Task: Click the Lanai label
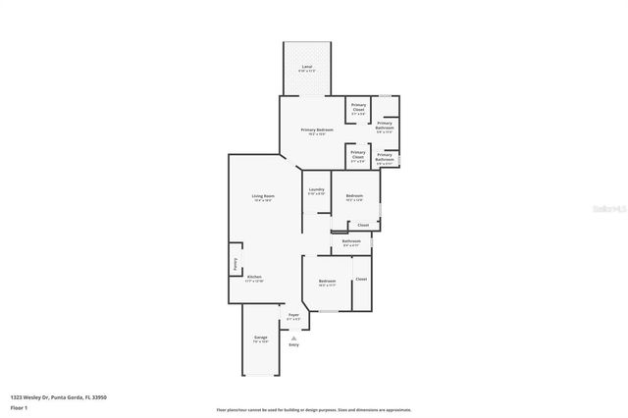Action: coord(307,68)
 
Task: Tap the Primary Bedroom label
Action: coord(316,131)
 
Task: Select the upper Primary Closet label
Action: coord(358,109)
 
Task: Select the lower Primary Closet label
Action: coord(358,155)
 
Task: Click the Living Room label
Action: coord(262,199)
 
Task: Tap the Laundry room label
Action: coord(316,190)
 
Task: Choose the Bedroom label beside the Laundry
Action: coord(354,198)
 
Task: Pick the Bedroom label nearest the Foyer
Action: coord(327,284)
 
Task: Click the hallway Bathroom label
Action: coord(350,241)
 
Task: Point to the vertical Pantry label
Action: coord(235,264)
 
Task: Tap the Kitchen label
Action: coord(253,278)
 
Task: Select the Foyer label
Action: coord(293,317)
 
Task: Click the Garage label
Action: coord(260,340)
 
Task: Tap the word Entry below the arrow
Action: coord(293,344)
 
